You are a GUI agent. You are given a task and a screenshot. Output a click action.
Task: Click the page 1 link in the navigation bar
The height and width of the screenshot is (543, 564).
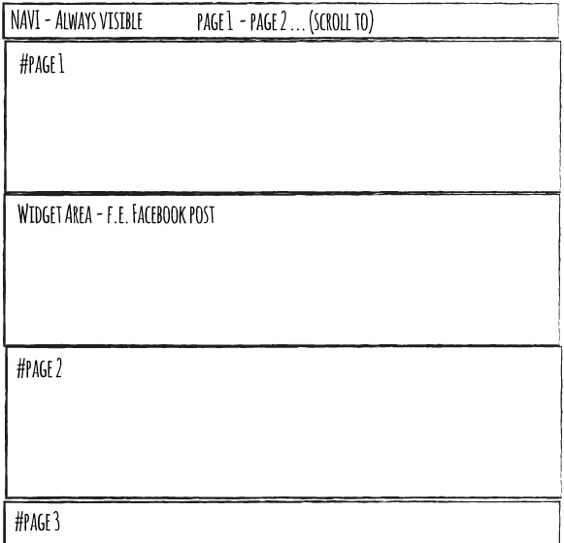point(216,21)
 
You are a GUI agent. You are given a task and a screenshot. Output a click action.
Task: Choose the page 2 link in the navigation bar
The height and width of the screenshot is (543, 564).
point(268,21)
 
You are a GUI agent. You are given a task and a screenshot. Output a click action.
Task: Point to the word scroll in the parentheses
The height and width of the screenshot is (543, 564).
point(332,21)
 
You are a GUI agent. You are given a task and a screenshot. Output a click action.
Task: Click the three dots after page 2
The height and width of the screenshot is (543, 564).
point(298,29)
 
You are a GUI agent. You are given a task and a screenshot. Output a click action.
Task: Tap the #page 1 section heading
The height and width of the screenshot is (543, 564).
point(42,65)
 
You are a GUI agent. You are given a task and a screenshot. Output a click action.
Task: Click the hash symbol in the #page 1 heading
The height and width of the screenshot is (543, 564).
point(23,65)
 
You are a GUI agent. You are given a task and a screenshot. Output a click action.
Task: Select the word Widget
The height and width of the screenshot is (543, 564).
point(40,214)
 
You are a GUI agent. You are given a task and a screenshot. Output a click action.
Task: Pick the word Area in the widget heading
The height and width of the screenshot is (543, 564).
point(78,214)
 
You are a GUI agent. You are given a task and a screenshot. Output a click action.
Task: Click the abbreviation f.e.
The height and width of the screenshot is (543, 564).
point(116,215)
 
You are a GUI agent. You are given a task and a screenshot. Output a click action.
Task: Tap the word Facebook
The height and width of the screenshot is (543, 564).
point(159,214)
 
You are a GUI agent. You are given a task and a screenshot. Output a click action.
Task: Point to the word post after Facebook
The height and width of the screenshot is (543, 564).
point(202,215)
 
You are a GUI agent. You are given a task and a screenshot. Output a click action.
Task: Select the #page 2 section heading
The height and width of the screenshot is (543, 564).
point(39,368)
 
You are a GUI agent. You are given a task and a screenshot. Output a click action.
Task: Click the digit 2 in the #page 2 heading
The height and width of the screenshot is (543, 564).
point(58,368)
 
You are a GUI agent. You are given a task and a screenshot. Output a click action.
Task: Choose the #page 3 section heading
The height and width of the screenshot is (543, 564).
point(37,523)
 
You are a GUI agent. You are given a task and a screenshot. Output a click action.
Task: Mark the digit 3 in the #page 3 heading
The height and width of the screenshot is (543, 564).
point(56,523)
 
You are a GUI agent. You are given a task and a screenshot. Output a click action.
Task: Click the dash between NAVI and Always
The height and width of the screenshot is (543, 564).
point(48,22)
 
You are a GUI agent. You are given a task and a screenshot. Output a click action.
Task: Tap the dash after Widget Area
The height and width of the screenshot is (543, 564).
point(99,216)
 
